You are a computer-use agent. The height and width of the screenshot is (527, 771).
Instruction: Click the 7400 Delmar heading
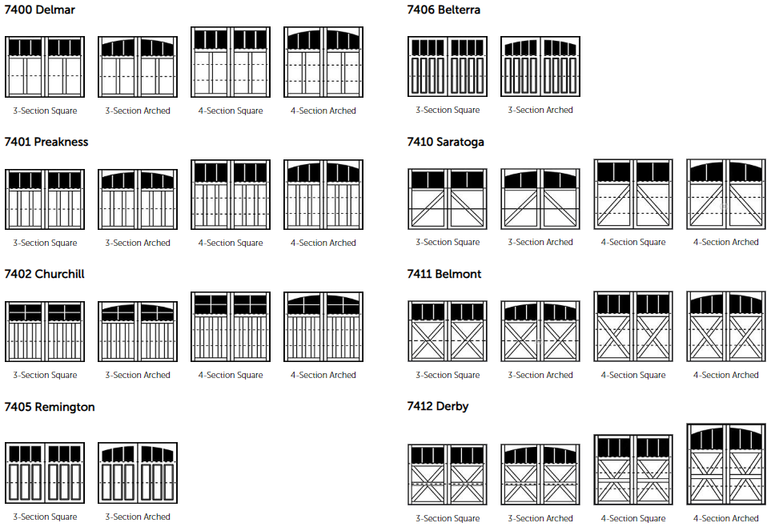(x=39, y=10)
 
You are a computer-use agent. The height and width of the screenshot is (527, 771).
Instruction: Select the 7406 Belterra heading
(x=444, y=10)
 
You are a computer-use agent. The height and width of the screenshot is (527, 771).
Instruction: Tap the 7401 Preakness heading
(x=46, y=142)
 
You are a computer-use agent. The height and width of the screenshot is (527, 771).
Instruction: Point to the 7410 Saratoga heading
(x=445, y=142)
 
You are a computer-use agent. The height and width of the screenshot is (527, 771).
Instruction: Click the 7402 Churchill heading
(x=44, y=274)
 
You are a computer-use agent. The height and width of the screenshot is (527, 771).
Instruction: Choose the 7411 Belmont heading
(x=444, y=274)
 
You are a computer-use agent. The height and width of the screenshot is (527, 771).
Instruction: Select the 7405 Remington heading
(x=49, y=407)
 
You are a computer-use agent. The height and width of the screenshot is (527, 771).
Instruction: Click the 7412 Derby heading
(x=438, y=406)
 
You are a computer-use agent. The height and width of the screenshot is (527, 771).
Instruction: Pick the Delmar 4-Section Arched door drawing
(x=323, y=62)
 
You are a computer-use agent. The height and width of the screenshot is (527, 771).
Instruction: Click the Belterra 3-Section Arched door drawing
(x=540, y=66)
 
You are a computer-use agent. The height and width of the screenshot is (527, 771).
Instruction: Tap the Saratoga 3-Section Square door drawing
(x=448, y=199)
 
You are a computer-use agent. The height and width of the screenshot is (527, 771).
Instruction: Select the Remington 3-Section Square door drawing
(x=45, y=473)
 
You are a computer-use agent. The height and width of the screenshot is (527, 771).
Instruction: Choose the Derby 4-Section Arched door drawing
(x=726, y=464)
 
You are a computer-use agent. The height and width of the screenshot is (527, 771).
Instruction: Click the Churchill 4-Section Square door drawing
(x=231, y=327)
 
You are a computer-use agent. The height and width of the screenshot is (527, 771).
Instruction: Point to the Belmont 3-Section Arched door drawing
(x=540, y=331)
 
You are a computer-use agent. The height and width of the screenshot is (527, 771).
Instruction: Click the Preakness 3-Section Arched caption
(x=138, y=243)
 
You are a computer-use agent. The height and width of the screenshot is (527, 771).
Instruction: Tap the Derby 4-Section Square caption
(x=633, y=518)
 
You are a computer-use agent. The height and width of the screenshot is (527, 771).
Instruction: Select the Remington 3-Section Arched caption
(x=138, y=517)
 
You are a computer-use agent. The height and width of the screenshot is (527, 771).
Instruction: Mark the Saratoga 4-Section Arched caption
(x=726, y=242)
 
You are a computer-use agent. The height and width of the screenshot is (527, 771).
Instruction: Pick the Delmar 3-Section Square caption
(x=45, y=111)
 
